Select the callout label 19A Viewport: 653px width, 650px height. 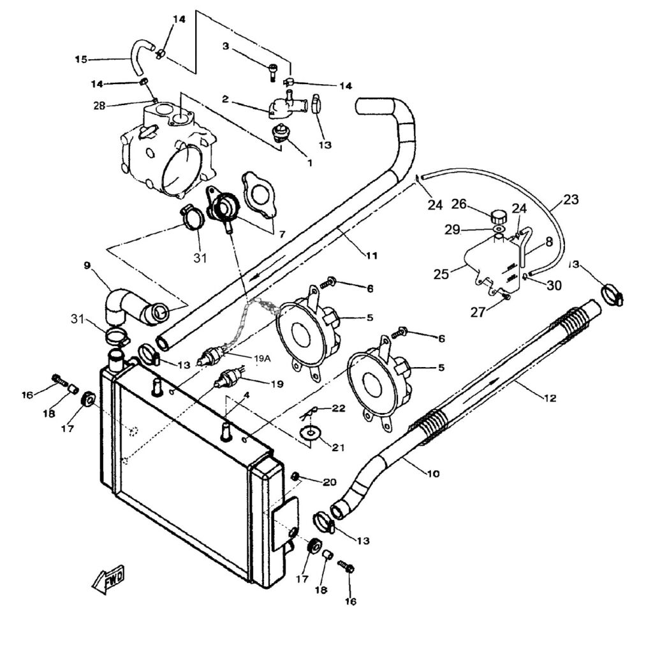coord(262,359)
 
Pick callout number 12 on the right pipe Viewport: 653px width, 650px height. coord(550,398)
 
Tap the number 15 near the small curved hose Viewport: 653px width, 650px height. coord(81,59)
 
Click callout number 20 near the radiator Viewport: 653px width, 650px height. coord(329,482)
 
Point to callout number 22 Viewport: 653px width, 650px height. coord(338,408)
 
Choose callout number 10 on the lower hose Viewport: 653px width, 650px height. coord(433,473)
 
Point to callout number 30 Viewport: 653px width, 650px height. coord(554,286)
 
